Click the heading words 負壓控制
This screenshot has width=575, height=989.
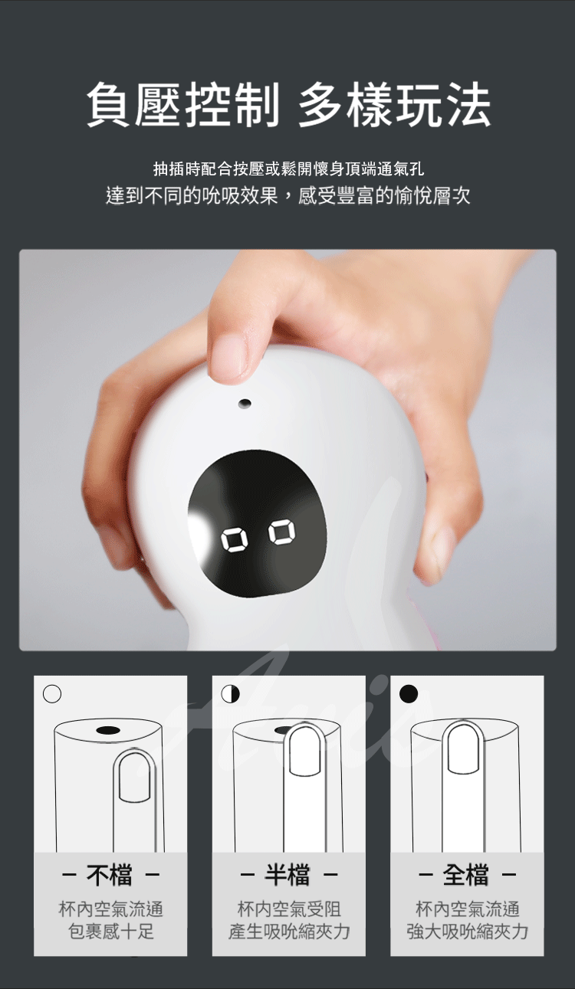183,105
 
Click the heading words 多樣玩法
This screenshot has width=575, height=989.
394,105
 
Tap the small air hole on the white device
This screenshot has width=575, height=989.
245,403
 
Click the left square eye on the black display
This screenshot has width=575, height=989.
233,541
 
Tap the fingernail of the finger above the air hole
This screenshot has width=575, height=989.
230,358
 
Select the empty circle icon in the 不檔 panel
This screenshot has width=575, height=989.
52,693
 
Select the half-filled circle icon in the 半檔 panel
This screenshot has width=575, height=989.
230,693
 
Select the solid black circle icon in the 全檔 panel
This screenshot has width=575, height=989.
409,693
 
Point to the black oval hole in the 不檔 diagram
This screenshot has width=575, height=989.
108,730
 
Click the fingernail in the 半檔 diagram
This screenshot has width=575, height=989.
304,750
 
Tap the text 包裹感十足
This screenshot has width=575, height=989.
111,932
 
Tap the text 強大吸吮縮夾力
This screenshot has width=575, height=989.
467,932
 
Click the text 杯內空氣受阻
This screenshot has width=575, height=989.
289,909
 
